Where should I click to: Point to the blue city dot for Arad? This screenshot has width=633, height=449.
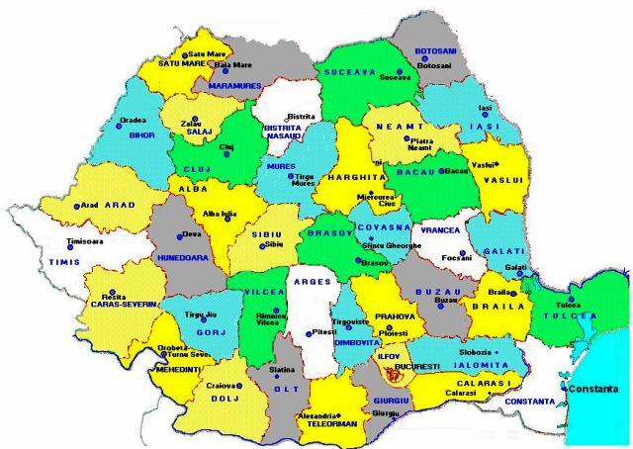click(x=76, y=206)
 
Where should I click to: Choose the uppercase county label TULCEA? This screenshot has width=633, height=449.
click(x=570, y=315)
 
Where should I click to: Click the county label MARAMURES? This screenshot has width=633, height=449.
click(x=234, y=86)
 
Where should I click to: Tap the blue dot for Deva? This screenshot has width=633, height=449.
click(x=184, y=234)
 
